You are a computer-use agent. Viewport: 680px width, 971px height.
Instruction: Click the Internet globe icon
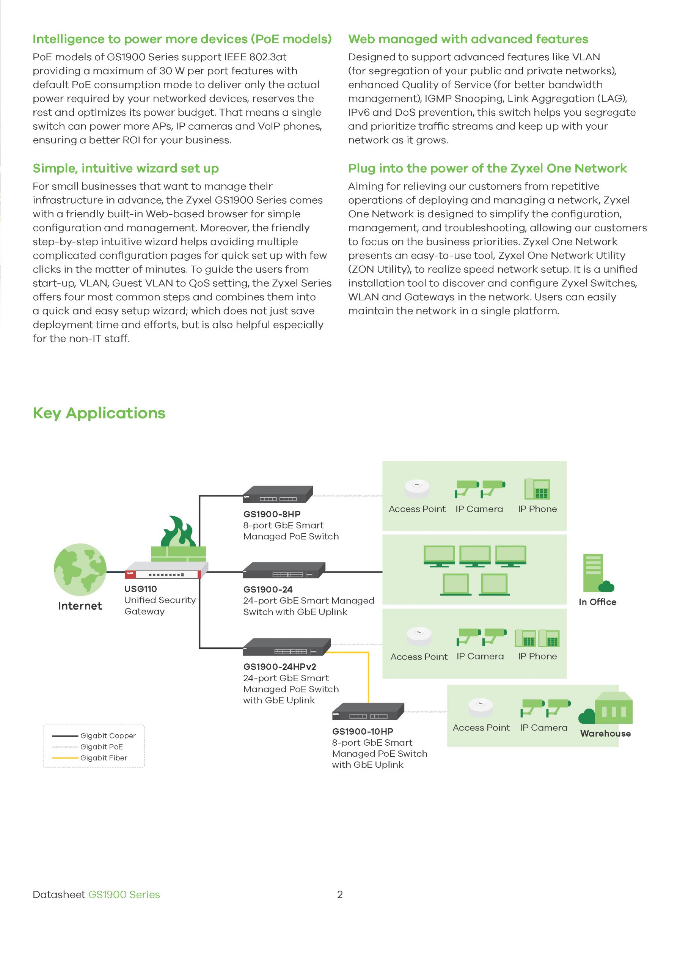pos(80,569)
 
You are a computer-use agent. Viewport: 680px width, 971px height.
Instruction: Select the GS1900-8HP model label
pos(272,514)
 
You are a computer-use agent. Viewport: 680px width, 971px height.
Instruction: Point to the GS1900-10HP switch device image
pos(368,711)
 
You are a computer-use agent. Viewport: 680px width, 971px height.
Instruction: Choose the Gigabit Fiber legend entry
pos(104,758)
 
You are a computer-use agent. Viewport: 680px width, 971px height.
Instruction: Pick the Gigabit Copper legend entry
pos(108,736)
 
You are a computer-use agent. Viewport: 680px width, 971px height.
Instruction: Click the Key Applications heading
pos(99,413)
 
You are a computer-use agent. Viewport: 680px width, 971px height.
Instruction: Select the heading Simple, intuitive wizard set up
pos(126,168)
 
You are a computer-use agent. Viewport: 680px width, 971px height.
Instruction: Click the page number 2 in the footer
pos(339,894)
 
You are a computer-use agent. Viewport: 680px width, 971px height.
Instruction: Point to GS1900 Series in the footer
pos(124,894)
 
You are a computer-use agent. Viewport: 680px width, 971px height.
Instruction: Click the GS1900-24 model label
pos(268,589)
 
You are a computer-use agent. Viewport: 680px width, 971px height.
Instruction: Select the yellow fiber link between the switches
pos(368,677)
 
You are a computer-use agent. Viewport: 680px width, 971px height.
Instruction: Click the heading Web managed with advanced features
pos(468,39)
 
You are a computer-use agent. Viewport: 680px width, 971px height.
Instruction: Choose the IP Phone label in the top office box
pos(537,509)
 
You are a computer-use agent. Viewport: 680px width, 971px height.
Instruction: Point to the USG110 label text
pos(140,589)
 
